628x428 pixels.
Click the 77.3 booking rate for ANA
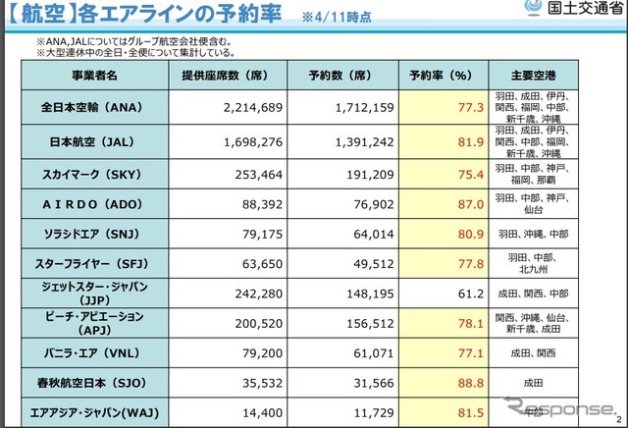click(469, 106)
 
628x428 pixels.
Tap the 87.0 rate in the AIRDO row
click(469, 204)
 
